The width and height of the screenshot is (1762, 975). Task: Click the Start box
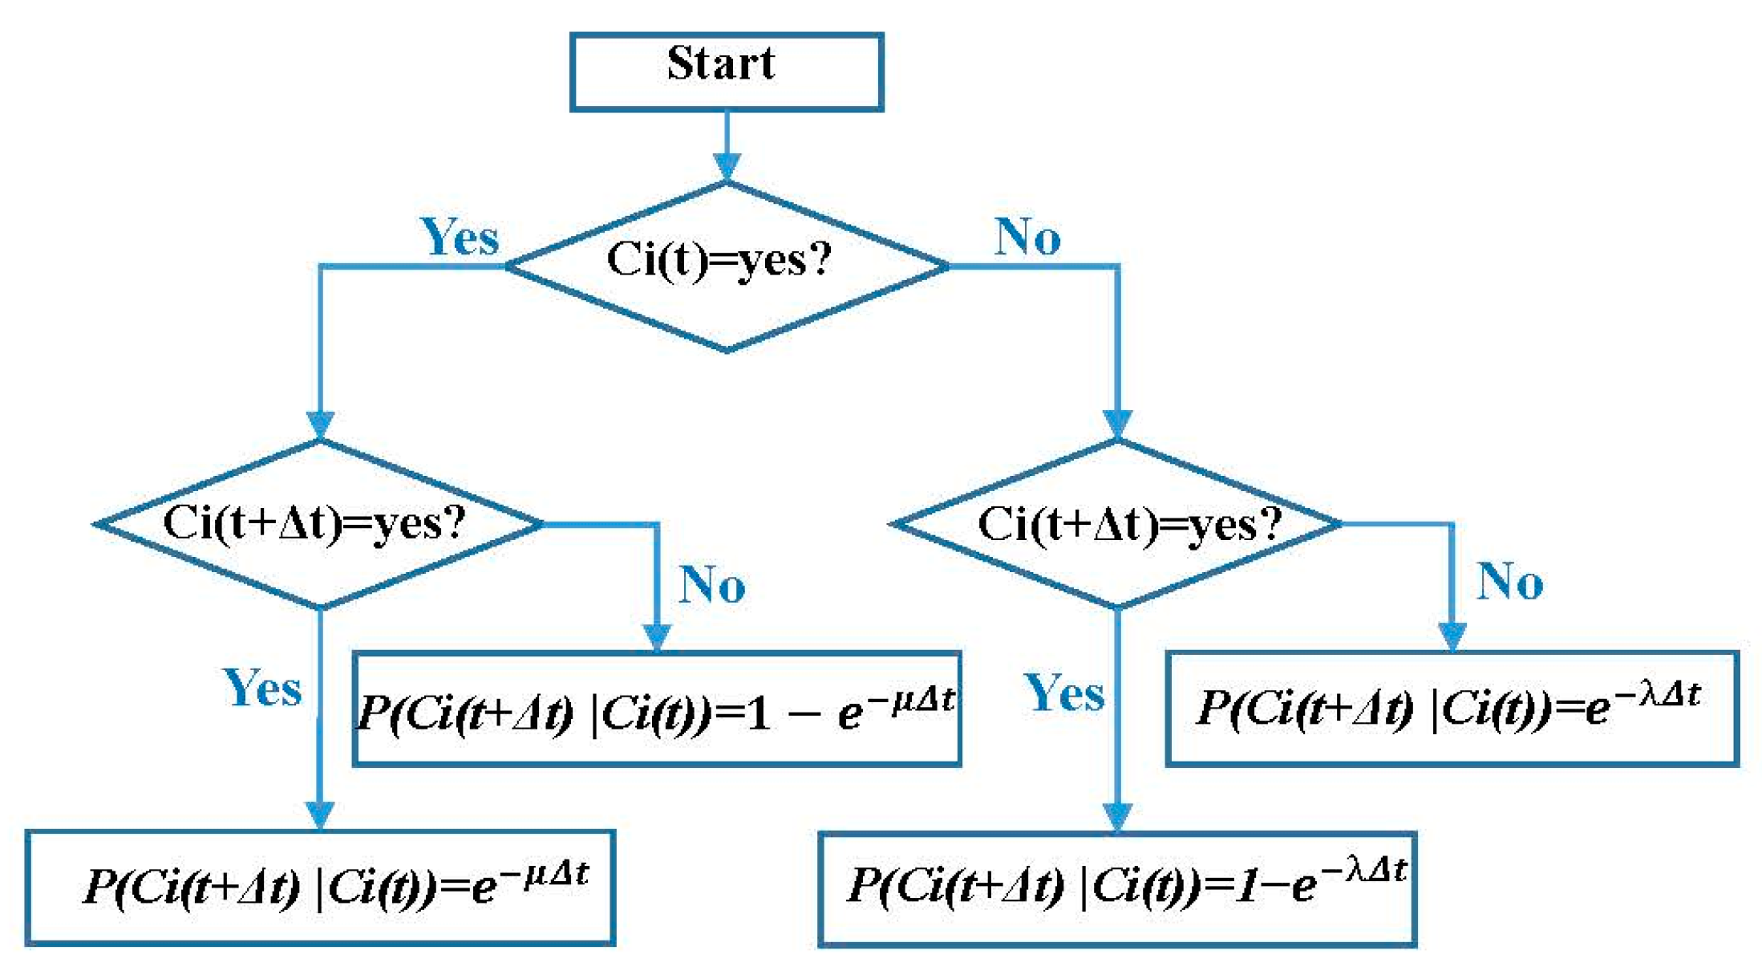[726, 71]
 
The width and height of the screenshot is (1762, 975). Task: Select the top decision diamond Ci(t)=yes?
[726, 265]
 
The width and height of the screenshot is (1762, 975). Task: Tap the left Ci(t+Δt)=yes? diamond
[319, 523]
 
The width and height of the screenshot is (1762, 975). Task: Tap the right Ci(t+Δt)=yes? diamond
[1116, 523]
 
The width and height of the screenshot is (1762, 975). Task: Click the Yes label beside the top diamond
[460, 238]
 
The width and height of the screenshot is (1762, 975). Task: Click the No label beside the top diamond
[1027, 238]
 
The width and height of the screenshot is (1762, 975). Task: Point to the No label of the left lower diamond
[712, 584]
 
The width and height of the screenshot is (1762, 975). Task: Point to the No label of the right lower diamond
[1510, 582]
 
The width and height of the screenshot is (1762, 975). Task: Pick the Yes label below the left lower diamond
[262, 689]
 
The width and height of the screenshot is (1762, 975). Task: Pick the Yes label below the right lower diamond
[1064, 693]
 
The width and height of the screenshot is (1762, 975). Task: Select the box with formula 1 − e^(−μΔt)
[656, 709]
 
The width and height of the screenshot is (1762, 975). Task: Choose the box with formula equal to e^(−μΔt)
[319, 888]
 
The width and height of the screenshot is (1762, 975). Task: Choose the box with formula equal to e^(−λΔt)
[1452, 708]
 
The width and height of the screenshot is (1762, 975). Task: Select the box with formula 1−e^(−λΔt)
[1116, 889]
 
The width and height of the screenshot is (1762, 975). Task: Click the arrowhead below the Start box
[727, 167]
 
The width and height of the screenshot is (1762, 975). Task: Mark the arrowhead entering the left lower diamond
[320, 424]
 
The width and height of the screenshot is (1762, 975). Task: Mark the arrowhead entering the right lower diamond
[1117, 422]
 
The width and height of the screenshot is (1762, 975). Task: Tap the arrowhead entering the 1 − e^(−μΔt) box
[657, 637]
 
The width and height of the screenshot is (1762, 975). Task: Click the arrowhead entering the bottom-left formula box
[320, 815]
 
